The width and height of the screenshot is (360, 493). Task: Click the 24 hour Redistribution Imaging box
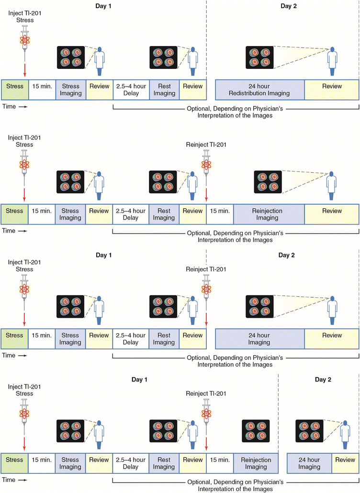260,90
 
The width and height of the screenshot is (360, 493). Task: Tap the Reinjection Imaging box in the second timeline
269,214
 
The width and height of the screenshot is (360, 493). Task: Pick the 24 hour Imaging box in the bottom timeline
309,463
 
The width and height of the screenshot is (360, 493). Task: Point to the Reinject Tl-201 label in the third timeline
206,269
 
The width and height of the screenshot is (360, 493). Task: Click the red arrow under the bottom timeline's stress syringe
24,440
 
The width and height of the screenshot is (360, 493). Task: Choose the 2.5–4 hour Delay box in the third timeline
131,339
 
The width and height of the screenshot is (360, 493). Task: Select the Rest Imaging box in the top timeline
164,90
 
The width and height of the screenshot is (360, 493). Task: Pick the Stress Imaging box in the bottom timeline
70,463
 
